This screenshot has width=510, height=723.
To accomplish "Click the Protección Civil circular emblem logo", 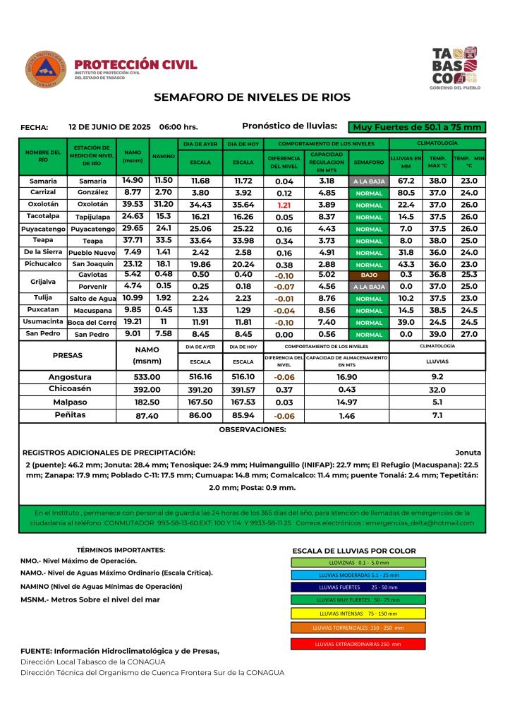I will [46, 69].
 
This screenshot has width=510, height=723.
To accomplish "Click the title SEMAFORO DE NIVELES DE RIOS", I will [252, 97].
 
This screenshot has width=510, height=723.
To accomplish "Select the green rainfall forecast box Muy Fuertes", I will [418, 127].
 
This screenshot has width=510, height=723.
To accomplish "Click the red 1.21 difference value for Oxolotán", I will [284, 204].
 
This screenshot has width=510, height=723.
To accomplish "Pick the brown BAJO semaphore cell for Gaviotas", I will [370, 274].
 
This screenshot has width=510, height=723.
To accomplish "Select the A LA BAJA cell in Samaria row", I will [370, 181].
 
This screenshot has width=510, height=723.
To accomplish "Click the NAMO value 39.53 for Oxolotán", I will [133, 204].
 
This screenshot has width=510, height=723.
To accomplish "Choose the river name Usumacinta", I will [43, 321].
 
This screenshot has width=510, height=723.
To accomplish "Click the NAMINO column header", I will [164, 156].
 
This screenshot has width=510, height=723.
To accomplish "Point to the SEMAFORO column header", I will [370, 162].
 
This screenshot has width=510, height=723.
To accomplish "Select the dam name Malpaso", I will [70, 402].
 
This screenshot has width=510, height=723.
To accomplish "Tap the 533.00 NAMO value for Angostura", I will [147, 377].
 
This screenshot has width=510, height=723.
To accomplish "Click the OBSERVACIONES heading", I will [252, 429].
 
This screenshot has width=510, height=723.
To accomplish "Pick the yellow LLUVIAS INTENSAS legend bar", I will [358, 613].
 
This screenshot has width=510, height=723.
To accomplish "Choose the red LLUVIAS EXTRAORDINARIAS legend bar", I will [358, 644].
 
